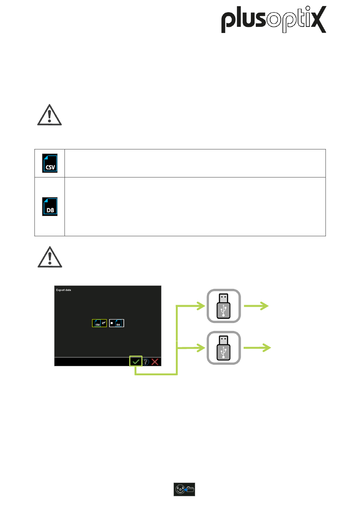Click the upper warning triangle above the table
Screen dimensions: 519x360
(49, 115)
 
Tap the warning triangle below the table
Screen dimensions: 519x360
(50, 257)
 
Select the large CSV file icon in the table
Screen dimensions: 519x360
(50, 163)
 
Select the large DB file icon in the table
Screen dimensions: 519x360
(50, 207)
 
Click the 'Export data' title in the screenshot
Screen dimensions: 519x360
(64, 290)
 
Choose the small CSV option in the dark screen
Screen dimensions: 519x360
(100, 323)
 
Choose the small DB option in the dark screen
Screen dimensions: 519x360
(117, 323)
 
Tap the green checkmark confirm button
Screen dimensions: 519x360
(136, 362)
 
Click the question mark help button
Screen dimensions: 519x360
(146, 362)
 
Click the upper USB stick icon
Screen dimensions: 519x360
(224, 306)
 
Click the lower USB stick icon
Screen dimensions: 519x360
(224, 348)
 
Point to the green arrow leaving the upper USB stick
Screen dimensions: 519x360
(257, 306)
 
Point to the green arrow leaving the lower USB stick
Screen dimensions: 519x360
(258, 348)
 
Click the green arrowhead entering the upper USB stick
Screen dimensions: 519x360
(201, 306)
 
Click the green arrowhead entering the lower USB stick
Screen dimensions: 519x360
(201, 347)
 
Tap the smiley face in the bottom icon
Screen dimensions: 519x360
(180, 489)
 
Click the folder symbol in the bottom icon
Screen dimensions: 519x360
(190, 489)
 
